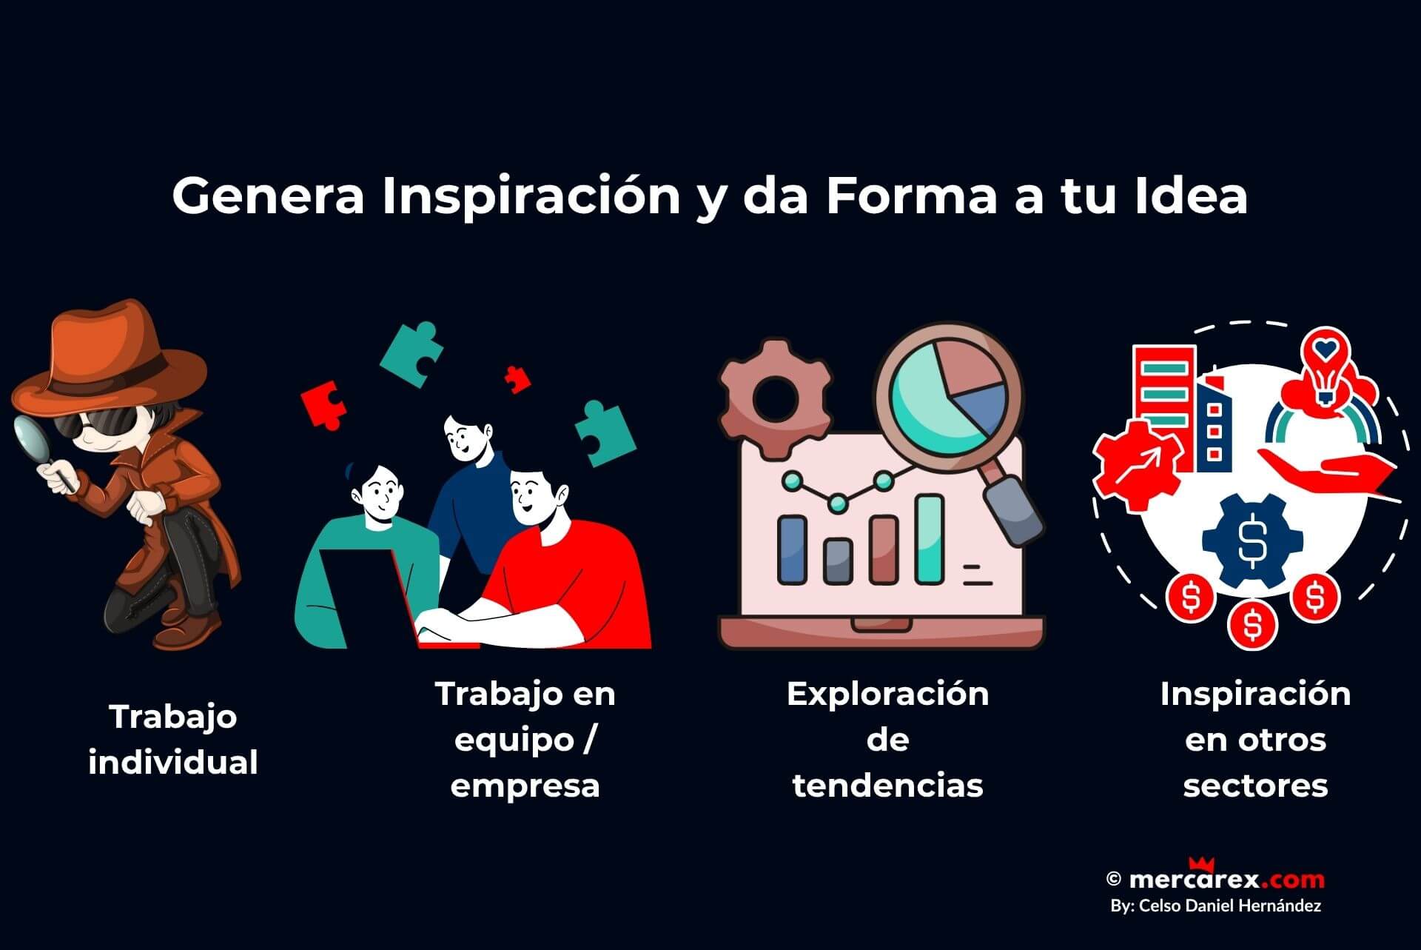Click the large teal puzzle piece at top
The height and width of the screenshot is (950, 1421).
(x=411, y=354)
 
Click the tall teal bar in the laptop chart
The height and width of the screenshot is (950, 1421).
(x=930, y=539)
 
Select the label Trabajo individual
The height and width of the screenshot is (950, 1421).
(x=173, y=740)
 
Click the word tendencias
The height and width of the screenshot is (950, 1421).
(x=887, y=785)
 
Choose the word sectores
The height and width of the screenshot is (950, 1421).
(x=1255, y=785)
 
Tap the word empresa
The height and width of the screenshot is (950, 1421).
(x=525, y=785)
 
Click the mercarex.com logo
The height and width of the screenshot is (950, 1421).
(x=1226, y=879)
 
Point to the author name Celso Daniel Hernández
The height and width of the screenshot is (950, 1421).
(x=1229, y=906)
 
